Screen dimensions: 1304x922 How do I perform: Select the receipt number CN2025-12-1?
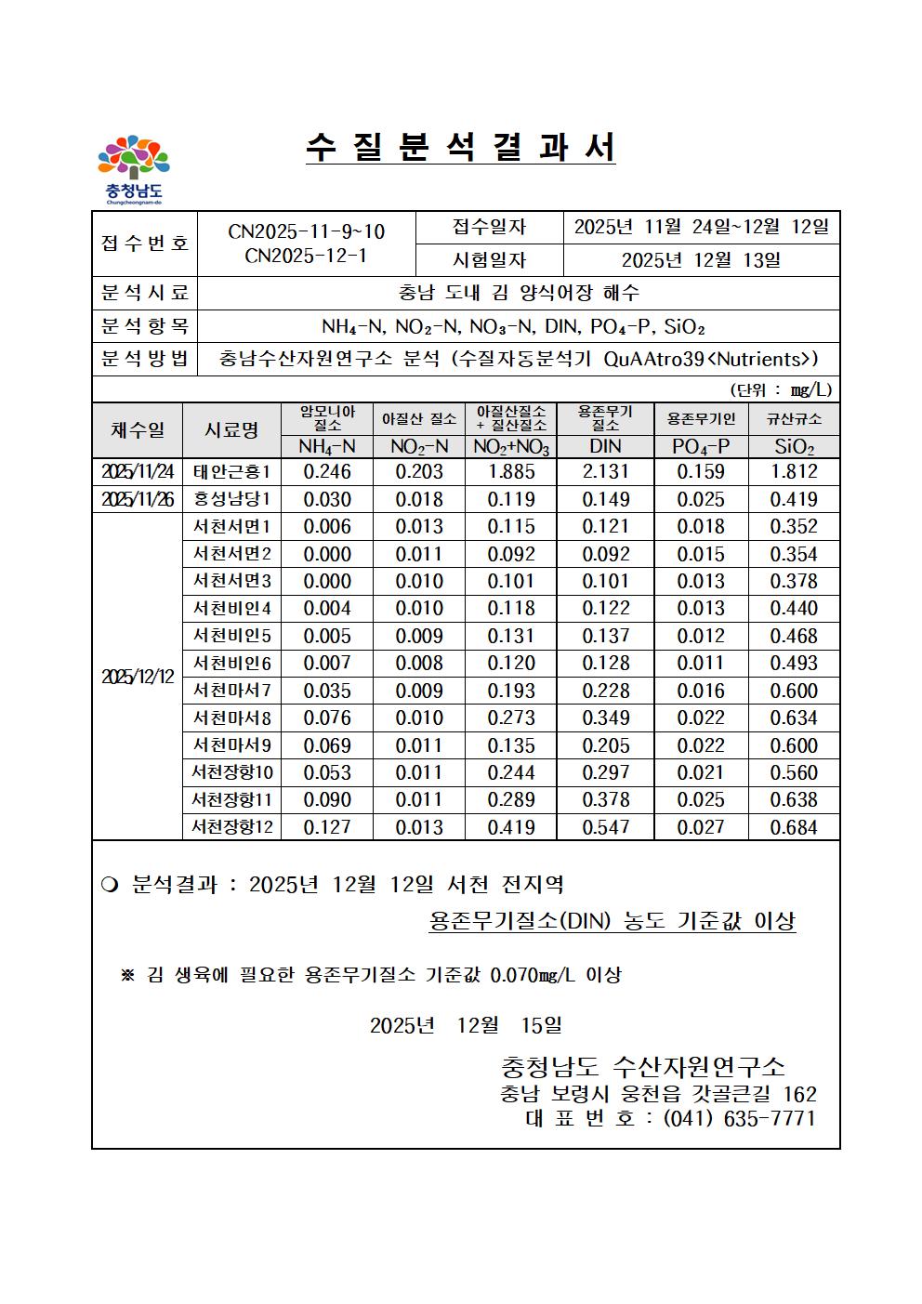[x=306, y=256]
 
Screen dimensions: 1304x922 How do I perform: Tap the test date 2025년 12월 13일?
[x=701, y=260]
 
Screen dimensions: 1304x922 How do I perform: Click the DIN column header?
[x=605, y=447]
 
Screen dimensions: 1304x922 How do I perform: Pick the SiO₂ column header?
[x=795, y=447]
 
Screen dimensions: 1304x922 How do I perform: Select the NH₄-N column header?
[x=326, y=447]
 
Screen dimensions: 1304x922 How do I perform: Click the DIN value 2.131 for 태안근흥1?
[x=606, y=472]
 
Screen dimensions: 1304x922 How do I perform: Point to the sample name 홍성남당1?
[x=231, y=500]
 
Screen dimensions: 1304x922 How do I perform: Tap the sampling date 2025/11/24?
[x=138, y=472]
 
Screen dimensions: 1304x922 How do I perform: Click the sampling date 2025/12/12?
[x=138, y=678]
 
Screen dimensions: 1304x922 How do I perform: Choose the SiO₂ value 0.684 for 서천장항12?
[x=795, y=827]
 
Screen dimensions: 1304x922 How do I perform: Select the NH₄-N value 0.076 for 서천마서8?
[x=327, y=718]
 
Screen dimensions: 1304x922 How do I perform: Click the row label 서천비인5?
[x=231, y=637]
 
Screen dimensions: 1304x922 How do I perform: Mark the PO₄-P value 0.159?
[x=701, y=472]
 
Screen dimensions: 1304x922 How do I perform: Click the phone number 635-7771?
[x=769, y=1118]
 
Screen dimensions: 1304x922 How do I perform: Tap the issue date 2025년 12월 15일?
[x=466, y=1025]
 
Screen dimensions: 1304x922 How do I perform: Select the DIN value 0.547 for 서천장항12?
[x=606, y=827]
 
